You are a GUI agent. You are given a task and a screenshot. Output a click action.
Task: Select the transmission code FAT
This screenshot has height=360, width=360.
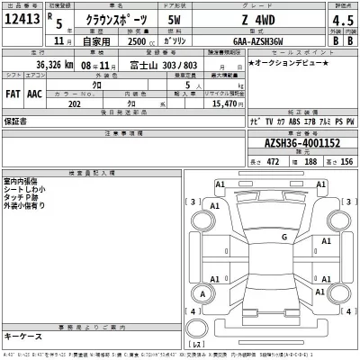(13, 92)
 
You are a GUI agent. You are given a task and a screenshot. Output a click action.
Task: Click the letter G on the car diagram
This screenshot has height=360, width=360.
(284, 236)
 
